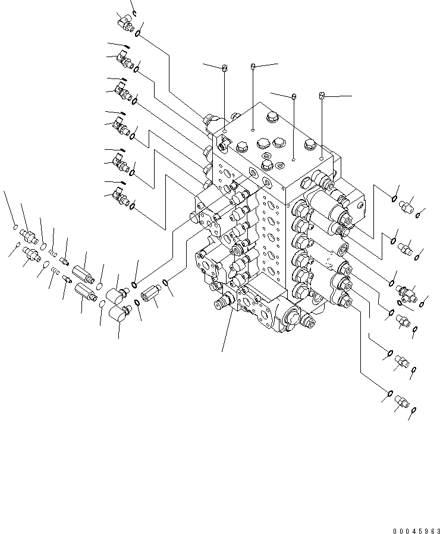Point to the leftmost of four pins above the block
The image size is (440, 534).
pyautogui.click(x=225, y=69)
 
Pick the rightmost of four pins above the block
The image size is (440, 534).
pyautogui.click(x=322, y=95)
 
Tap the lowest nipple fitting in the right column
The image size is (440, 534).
pyautogui.click(x=403, y=404)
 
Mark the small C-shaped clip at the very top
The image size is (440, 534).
pyautogui.click(x=135, y=12)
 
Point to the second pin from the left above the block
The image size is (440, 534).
pyautogui.click(x=253, y=65)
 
